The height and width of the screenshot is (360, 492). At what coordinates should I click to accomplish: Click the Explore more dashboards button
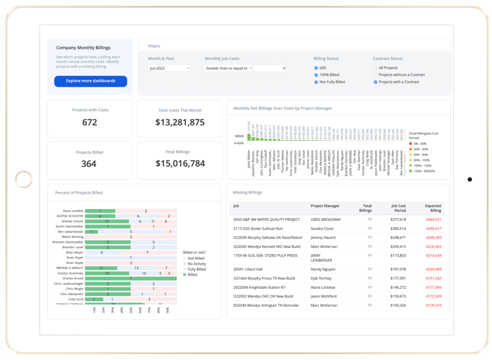90,81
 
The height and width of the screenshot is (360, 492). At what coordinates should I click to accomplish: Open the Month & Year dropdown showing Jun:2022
170,68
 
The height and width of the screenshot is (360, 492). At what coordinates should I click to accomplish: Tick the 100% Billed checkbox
316,75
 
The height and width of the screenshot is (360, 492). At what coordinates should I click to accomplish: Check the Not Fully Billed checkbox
316,82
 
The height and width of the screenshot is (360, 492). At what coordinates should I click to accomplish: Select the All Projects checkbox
376,68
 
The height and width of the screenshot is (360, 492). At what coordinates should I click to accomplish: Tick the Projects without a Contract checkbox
376,75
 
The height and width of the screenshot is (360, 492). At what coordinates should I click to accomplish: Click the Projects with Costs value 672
89,123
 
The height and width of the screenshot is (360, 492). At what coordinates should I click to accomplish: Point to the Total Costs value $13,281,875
180,123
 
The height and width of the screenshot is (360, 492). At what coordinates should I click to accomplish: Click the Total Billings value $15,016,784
180,164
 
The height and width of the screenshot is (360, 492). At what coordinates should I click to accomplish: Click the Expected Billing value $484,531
433,220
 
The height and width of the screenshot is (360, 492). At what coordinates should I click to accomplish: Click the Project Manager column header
325,206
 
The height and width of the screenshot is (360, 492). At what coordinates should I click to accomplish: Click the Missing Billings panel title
247,192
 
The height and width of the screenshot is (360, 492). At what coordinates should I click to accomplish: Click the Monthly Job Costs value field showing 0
271,68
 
